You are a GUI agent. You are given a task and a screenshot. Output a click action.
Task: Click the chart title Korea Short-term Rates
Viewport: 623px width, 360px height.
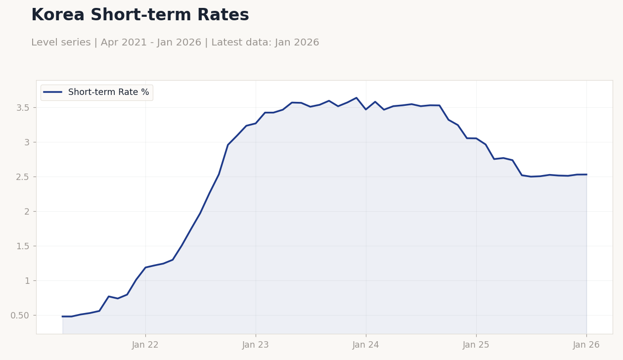(x=140, y=15)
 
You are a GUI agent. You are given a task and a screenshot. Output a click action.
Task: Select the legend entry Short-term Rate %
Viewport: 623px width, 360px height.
(x=108, y=92)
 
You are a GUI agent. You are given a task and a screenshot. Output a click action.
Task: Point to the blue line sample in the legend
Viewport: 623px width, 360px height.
(x=53, y=92)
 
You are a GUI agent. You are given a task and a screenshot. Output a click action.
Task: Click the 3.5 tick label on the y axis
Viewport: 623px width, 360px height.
(x=23, y=108)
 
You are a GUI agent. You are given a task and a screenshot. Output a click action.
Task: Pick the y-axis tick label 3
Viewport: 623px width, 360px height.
(x=27, y=142)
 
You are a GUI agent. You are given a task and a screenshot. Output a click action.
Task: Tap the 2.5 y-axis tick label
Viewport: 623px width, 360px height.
(x=23, y=177)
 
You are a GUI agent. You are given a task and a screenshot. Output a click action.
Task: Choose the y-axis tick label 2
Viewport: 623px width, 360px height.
(x=27, y=212)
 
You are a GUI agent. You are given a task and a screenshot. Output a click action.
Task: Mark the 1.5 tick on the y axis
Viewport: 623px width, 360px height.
(x=23, y=246)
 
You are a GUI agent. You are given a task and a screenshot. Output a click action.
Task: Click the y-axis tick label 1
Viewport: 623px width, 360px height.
(x=27, y=281)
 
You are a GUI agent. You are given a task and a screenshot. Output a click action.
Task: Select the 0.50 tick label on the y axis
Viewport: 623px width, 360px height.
(x=20, y=315)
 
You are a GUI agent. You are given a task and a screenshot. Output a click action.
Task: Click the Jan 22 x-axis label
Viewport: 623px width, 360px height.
(x=145, y=345)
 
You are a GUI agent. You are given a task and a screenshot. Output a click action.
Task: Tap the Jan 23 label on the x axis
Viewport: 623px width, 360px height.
(x=256, y=345)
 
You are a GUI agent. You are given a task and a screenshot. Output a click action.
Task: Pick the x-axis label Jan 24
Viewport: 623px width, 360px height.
(x=366, y=345)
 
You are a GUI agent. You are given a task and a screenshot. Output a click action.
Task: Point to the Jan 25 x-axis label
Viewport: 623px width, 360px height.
(x=476, y=345)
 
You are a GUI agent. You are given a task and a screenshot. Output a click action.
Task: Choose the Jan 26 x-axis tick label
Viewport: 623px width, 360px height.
(x=586, y=345)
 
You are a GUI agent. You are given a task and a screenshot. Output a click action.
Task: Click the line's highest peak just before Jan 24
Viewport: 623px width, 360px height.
(x=356, y=98)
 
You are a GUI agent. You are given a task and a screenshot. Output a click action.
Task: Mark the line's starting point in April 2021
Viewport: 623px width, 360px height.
(x=63, y=316)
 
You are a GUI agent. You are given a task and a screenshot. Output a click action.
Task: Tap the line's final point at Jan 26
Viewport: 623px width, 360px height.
(x=586, y=175)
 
